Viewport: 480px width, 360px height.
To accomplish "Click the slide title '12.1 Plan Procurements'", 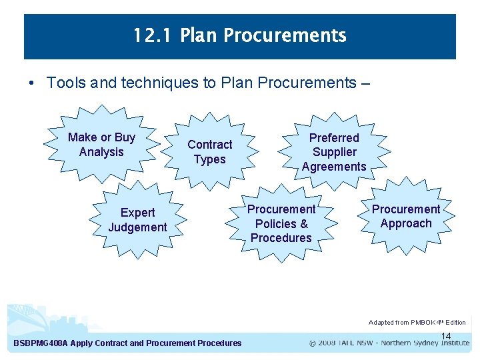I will pyautogui.click(x=239, y=35).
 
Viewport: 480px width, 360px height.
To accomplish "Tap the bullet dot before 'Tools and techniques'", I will pyautogui.click(x=32, y=83).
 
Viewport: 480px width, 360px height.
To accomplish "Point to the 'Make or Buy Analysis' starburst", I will pyautogui.click(x=101, y=145).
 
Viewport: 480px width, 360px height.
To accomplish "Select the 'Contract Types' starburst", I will pyautogui.click(x=209, y=152).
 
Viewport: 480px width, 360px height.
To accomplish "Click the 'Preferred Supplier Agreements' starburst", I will pyautogui.click(x=333, y=152).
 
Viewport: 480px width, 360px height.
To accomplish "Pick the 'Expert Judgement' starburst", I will pyautogui.click(x=137, y=220).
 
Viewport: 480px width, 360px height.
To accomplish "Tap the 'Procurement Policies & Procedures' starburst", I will pyautogui.click(x=281, y=223).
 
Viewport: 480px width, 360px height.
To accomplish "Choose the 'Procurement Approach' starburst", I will pyautogui.click(x=405, y=216).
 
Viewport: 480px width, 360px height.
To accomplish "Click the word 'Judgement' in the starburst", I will pyautogui.click(x=137, y=227).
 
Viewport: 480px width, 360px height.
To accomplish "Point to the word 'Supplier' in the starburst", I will pyautogui.click(x=333, y=152).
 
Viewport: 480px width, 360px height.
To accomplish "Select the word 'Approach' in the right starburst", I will pyautogui.click(x=405, y=223).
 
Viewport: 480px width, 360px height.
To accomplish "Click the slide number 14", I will pyautogui.click(x=446, y=336).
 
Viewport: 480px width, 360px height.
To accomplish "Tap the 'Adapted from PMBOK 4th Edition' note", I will pyautogui.click(x=417, y=323).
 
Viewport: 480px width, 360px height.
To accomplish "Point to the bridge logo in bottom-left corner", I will pyautogui.click(x=27, y=317).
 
